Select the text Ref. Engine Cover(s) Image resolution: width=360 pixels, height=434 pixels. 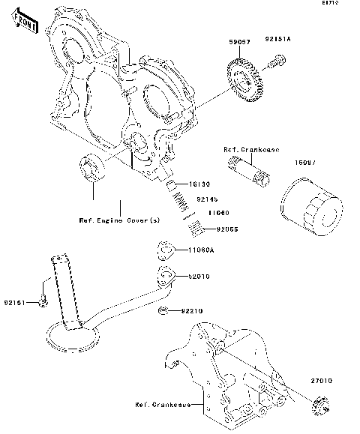[x=119, y=220]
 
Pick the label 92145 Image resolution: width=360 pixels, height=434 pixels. [x=207, y=199]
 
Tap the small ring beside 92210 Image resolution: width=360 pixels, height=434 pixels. [x=163, y=310]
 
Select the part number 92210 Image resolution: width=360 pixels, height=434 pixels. [x=190, y=311]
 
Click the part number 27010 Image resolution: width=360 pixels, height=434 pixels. [x=325, y=381]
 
